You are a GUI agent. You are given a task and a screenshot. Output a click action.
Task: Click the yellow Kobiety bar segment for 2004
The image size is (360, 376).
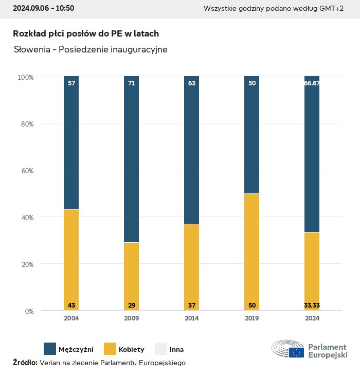[x=71, y=257]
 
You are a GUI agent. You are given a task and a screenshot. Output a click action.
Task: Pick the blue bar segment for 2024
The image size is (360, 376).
[x=312, y=154]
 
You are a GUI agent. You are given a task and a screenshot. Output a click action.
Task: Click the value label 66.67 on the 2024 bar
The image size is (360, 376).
[x=312, y=83]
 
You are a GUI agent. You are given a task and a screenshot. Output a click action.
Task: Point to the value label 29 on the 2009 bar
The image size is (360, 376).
[x=132, y=306]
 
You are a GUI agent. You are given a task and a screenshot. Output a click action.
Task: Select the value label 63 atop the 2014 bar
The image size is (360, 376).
[x=192, y=83]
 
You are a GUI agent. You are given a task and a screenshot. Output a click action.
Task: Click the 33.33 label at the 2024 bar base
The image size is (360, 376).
[x=312, y=306]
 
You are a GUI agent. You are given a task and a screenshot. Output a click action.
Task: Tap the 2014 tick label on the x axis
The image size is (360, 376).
[x=192, y=318]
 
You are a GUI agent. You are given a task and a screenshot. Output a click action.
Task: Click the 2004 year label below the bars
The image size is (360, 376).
[x=71, y=318]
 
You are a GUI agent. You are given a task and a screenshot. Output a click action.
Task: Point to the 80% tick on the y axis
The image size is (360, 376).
[x=26, y=124]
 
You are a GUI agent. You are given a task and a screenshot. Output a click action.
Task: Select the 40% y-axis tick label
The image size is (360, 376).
[x=26, y=218]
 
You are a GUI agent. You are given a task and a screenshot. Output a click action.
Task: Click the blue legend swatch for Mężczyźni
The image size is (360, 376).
[x=50, y=349]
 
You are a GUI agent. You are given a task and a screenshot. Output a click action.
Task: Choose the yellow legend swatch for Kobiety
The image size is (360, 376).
[x=110, y=349]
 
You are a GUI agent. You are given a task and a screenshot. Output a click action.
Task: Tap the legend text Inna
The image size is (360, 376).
[x=176, y=349]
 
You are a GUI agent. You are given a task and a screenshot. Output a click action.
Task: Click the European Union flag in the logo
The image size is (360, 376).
[x=296, y=352]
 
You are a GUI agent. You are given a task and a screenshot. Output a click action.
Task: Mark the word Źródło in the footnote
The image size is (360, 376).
[x=25, y=363]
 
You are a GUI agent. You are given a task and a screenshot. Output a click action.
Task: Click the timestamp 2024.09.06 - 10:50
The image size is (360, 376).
[x=43, y=8]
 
